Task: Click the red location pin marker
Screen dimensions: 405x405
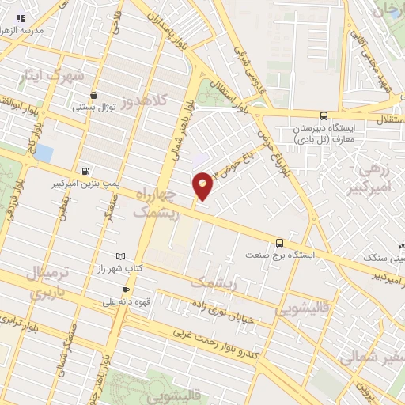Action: [202, 187]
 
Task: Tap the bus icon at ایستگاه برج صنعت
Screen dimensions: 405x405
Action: [279, 243]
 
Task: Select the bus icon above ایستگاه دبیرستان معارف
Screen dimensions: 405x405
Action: [324, 115]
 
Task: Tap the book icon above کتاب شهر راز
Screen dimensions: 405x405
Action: [119, 256]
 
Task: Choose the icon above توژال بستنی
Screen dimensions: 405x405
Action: [94, 94]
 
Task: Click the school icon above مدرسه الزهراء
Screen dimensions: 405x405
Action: [21, 18]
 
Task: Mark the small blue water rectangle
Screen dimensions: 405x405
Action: [44, 153]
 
